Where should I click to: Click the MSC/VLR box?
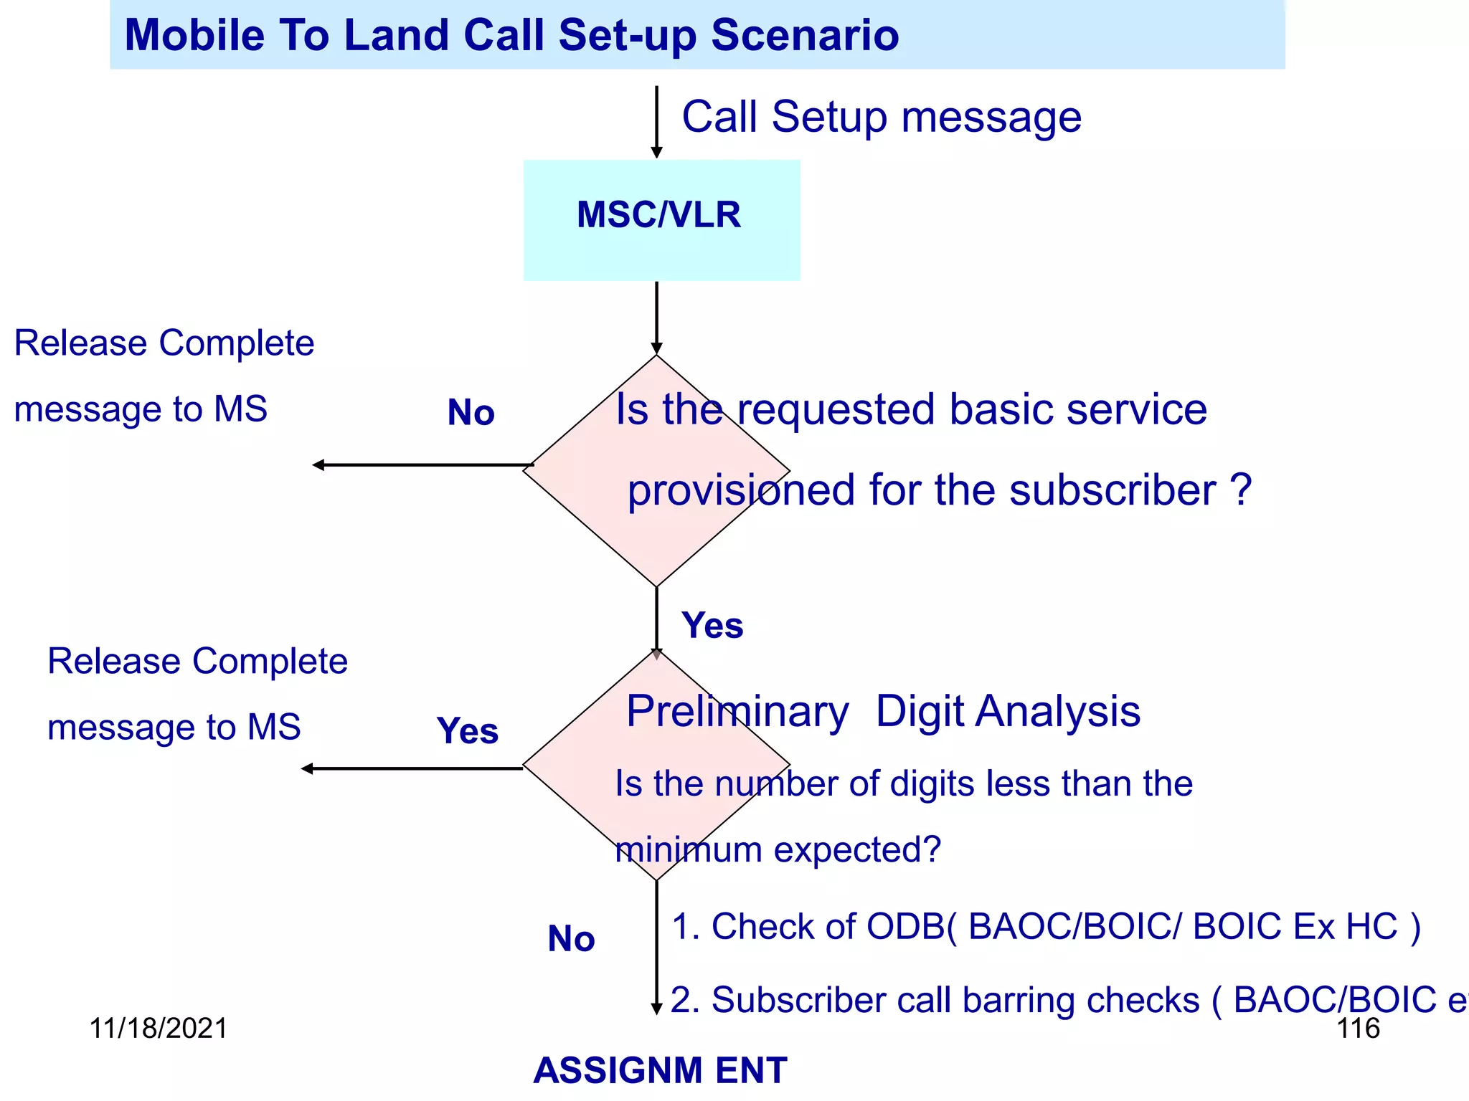661,219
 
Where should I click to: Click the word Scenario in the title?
805,35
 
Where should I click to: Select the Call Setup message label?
881,117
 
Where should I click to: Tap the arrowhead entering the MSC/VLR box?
656,152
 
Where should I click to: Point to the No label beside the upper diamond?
471,413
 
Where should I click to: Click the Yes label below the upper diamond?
712,625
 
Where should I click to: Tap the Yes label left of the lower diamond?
467,731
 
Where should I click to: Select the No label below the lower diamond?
571,938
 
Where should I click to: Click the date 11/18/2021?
158,1028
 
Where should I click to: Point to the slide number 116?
1358,1028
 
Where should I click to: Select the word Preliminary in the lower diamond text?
737,712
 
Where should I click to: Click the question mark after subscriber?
1241,490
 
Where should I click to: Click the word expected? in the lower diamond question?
857,851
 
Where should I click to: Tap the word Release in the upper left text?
81,343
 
